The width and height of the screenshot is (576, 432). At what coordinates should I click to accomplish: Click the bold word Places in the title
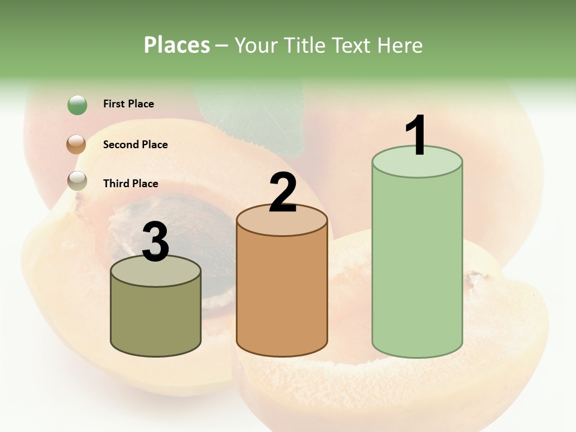pos(177,45)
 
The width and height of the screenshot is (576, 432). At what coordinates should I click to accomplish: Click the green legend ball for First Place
pos(77,105)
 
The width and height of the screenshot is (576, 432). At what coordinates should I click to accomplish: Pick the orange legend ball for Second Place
pos(76,145)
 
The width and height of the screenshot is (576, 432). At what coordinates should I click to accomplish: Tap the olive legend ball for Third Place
pos(77,181)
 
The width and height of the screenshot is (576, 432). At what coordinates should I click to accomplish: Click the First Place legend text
pos(128,104)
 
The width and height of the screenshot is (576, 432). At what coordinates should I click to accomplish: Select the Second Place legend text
pos(135,145)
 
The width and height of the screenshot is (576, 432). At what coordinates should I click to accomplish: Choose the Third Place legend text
pos(130,184)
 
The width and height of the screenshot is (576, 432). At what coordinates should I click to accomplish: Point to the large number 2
pos(283,193)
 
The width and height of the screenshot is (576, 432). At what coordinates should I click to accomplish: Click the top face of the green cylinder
pos(417,163)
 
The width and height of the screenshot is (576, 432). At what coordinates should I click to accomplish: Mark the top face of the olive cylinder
pos(155,272)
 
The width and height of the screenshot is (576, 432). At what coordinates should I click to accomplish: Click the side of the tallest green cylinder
pos(417,264)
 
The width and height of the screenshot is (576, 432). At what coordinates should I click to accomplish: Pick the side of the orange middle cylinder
pos(282,294)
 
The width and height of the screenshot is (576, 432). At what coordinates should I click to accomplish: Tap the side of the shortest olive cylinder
pos(155,318)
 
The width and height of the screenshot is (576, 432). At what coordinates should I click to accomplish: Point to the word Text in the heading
pos(354,45)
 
